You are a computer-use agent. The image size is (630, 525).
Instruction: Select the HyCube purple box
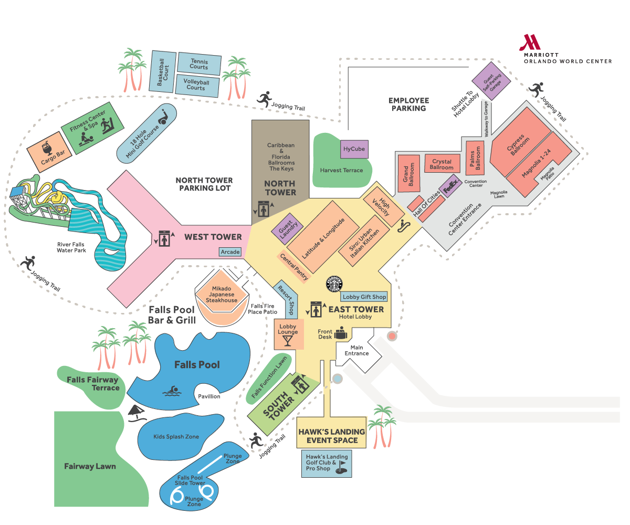click(354, 149)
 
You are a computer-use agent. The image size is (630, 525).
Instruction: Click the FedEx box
click(451, 186)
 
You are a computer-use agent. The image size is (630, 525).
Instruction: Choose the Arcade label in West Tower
click(230, 252)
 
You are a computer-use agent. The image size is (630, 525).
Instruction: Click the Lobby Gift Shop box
click(364, 297)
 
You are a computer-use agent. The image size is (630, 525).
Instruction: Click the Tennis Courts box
click(199, 64)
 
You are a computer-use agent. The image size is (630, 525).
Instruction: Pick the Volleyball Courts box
click(196, 85)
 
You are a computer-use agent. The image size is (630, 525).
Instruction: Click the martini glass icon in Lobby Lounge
click(288, 342)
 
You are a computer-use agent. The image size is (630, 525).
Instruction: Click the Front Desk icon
click(340, 333)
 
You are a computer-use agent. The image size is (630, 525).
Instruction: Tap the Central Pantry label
click(295, 267)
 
